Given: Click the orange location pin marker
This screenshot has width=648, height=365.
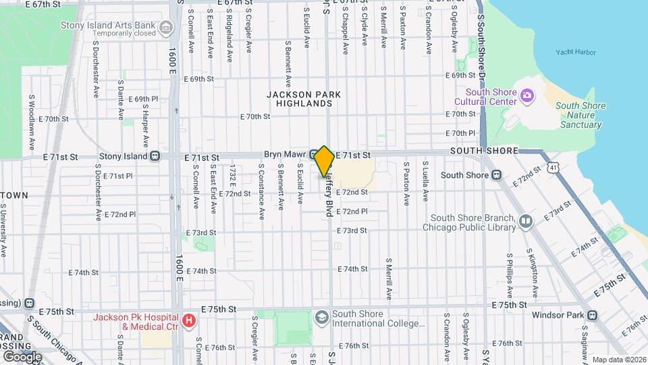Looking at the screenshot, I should tap(324, 162).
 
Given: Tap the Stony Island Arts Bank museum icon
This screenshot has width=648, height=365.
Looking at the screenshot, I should tap(166, 27).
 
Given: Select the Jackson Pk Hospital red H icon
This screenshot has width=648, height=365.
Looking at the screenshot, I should tap(189, 320).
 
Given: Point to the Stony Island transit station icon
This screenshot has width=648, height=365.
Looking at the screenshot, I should tap(155, 156).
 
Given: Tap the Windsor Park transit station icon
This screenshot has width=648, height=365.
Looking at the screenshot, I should tap(592, 315).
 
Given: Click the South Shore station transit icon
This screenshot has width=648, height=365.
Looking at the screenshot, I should tap(496, 175).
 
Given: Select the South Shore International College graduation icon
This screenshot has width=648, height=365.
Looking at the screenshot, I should tap(321, 316).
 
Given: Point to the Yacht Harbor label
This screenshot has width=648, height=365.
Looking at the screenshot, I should tap(573, 52).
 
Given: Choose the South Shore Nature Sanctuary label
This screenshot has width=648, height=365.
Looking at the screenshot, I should tap(580, 115).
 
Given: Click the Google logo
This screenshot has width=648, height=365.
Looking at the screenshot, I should tap(22, 356).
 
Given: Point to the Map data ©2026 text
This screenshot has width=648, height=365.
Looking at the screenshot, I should tap(619, 359).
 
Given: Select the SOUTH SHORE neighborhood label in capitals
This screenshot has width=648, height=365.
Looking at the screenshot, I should tap(484, 151).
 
